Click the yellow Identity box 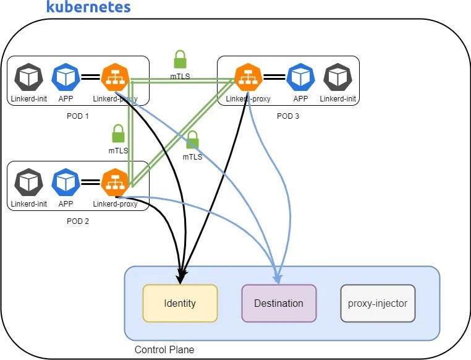pos(180,303)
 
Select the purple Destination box pos(279,303)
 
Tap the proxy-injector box pos(378,303)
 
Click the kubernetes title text pos(88,7)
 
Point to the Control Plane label pos(164,349)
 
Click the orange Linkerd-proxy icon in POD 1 pos(114,77)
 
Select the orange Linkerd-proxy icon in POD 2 pos(114,182)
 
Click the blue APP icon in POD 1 pos(65,77)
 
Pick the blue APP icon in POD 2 pos(65,182)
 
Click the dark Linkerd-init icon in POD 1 pos(28,77)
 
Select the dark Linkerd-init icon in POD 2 pos(28,182)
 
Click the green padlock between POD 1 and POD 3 pos(180,59)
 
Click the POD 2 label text pos(77,221)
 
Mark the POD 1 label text pos(77,116)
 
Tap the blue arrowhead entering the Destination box pos(279,279)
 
